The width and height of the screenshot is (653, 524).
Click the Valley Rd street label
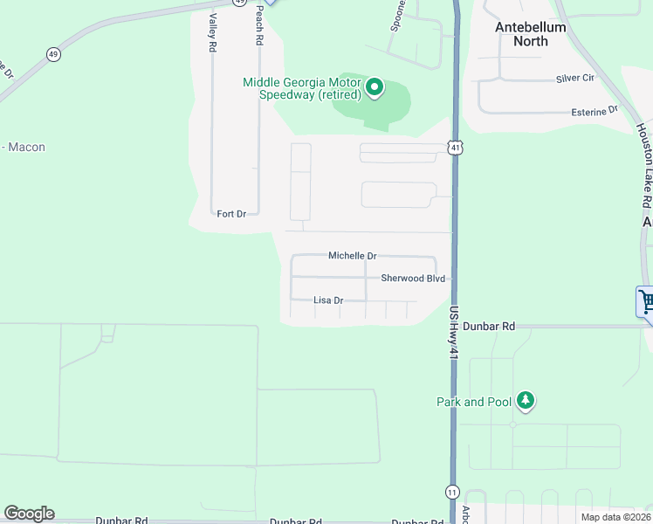click(212, 33)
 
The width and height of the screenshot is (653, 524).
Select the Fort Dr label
click(231, 213)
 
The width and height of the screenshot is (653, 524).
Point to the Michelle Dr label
click(352, 256)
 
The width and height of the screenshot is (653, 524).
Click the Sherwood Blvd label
click(413, 279)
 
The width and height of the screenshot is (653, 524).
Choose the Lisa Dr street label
click(328, 300)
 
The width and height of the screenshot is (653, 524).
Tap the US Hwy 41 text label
click(453, 333)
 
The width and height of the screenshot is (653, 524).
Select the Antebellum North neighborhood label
click(531, 34)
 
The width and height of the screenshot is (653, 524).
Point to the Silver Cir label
click(574, 79)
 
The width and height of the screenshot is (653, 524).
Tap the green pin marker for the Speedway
click(375, 86)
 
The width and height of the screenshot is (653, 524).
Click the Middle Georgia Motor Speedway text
click(302, 88)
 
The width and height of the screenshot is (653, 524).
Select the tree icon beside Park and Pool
click(525, 401)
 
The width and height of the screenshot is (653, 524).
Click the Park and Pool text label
click(472, 402)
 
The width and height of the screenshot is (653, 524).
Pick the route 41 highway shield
click(455, 148)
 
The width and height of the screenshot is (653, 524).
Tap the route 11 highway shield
click(452, 492)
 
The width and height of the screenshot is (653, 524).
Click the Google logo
click(29, 514)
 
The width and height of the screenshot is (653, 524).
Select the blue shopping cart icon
click(645, 302)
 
